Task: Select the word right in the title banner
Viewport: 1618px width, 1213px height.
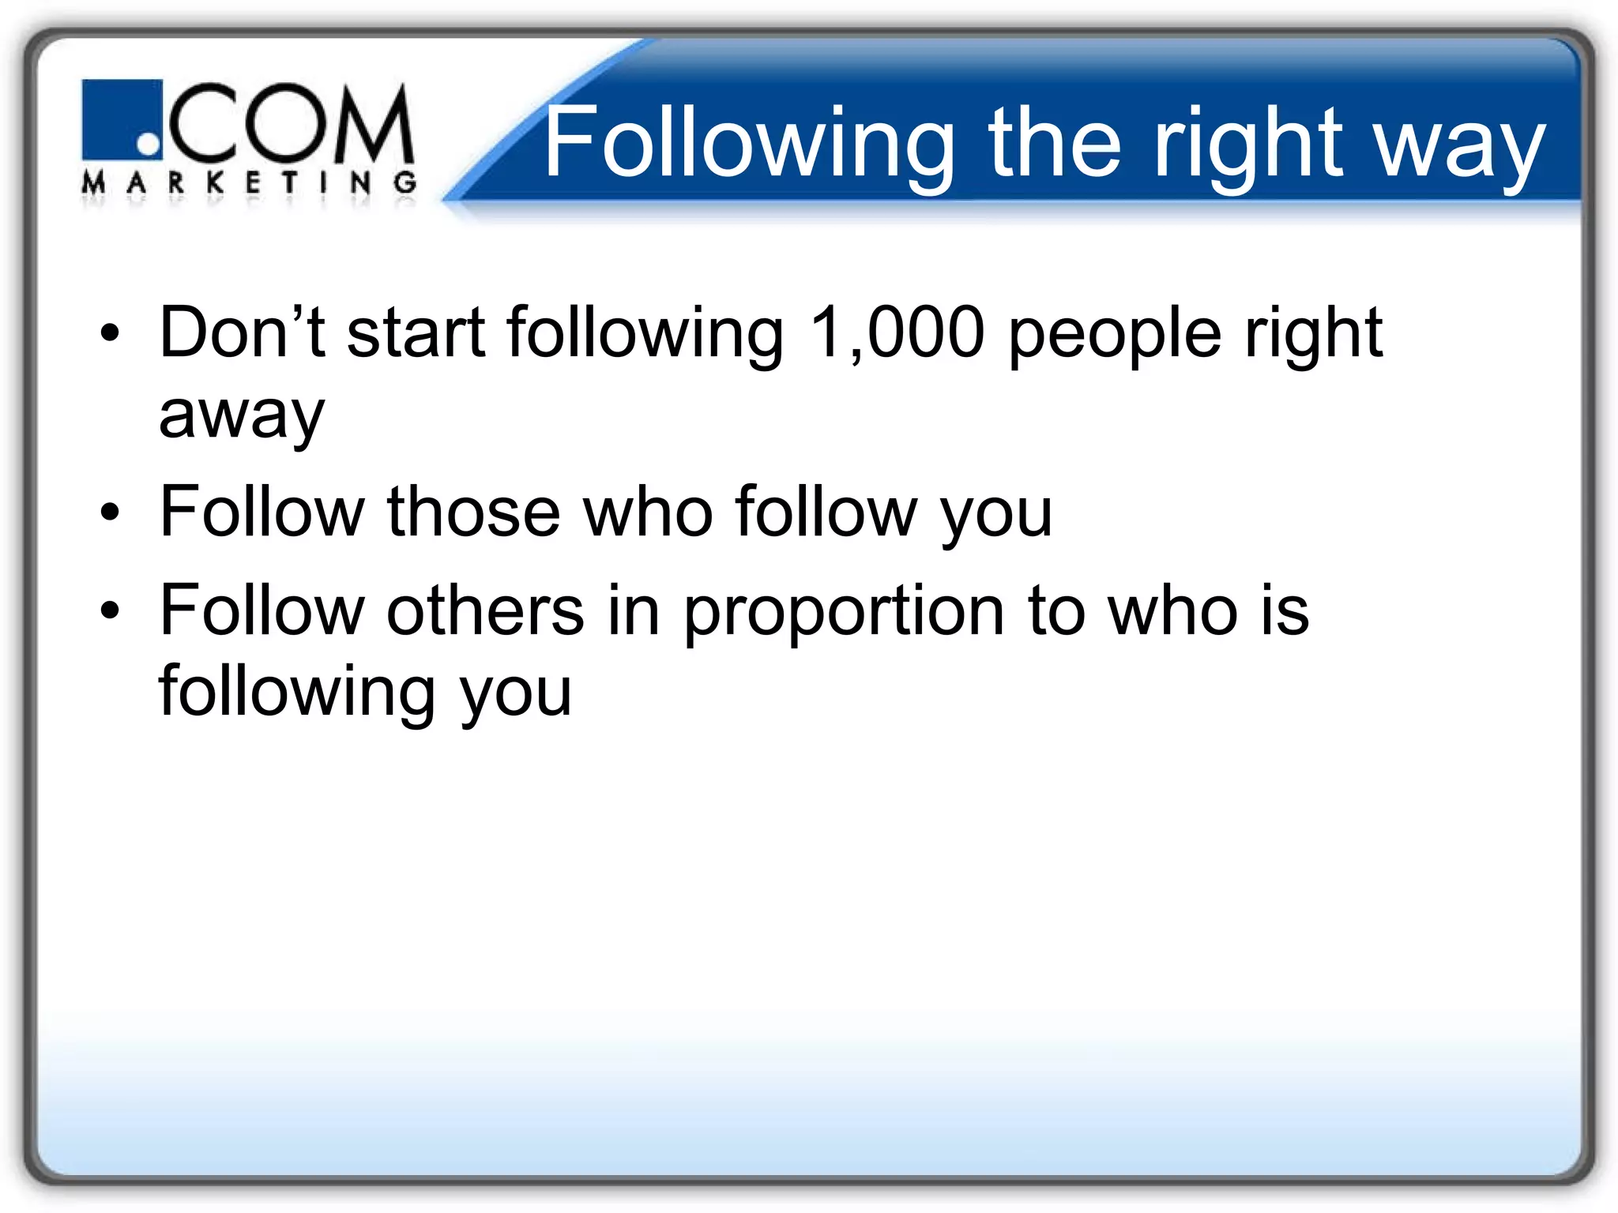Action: pyautogui.click(x=1247, y=147)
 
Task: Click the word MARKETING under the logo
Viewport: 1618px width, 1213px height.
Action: pyautogui.click(x=248, y=183)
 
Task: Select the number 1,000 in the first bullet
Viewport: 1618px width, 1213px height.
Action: pyautogui.click(x=897, y=332)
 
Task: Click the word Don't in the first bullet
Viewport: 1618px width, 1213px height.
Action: pyautogui.click(x=242, y=332)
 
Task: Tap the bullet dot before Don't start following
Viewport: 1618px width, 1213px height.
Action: pyautogui.click(x=110, y=332)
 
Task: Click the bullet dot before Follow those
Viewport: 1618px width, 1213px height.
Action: pyautogui.click(x=110, y=512)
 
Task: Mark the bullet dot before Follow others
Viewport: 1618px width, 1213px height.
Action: pyautogui.click(x=110, y=610)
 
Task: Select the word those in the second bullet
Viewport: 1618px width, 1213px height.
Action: pyautogui.click(x=473, y=512)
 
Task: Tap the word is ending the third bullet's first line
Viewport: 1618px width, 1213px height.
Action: pyautogui.click(x=1284, y=610)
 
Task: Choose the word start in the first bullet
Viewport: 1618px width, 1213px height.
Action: pyautogui.click(x=416, y=332)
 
